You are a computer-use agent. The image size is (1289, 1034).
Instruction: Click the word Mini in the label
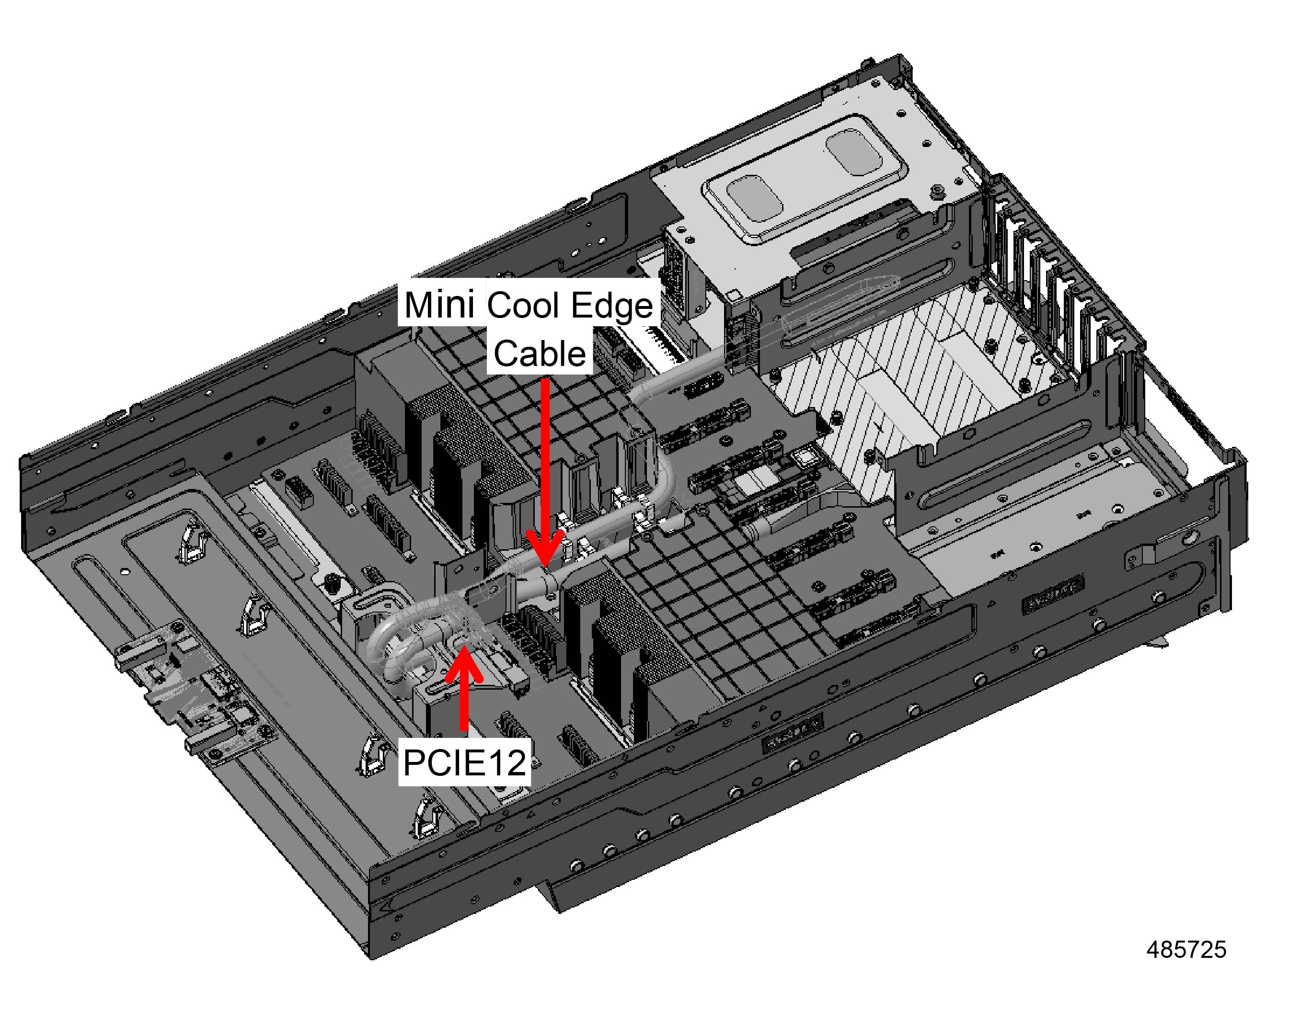pyautogui.click(x=440, y=305)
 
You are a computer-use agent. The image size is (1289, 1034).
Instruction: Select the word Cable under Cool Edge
pyautogui.click(x=539, y=354)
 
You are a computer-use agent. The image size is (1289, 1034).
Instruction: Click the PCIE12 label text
pyautogui.click(x=464, y=763)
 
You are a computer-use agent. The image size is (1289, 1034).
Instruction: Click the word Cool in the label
pyautogui.click(x=525, y=306)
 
